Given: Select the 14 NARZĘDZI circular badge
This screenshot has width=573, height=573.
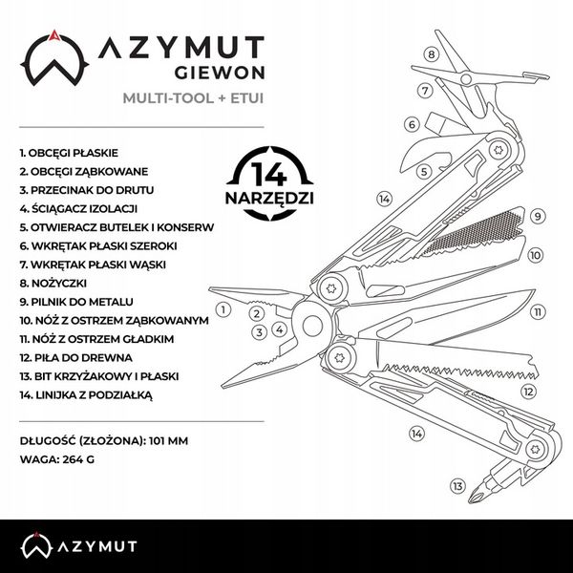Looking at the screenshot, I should click(270, 182).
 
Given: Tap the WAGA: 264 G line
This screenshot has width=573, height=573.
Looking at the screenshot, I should click(57, 458).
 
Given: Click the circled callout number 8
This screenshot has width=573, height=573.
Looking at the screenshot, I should click(431, 54).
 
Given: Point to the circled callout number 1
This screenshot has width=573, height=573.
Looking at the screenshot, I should click(223, 308).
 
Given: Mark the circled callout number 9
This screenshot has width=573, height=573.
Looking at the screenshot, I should click(539, 217).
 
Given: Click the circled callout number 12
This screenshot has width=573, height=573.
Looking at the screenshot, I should click(526, 391).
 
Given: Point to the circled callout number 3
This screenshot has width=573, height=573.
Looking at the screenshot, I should click(258, 332).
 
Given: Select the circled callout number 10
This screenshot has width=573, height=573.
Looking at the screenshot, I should click(535, 255).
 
